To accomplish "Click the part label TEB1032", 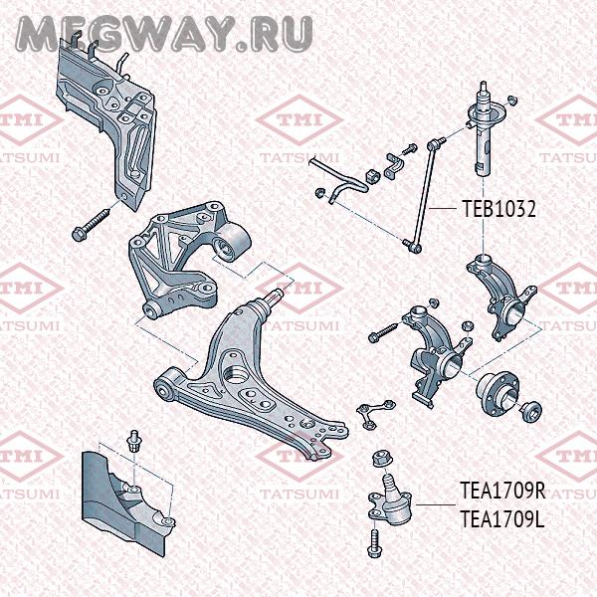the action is click(499, 209).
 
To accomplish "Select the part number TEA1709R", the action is click(502, 491).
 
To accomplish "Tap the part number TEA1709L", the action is click(501, 519).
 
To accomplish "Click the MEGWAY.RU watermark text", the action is click(164, 34).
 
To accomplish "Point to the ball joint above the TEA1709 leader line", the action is click(390, 499).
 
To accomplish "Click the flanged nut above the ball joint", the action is click(382, 459).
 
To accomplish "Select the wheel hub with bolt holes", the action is click(497, 394).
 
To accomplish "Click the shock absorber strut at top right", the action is click(485, 128).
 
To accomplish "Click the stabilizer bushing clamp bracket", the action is click(393, 166).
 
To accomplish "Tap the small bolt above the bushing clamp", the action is click(409, 149).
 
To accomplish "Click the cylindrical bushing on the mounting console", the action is click(232, 243).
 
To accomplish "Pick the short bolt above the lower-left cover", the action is click(133, 441).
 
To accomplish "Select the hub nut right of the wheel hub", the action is click(531, 411).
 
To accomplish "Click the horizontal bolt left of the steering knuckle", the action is click(383, 332).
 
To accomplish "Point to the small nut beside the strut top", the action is click(512, 99).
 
